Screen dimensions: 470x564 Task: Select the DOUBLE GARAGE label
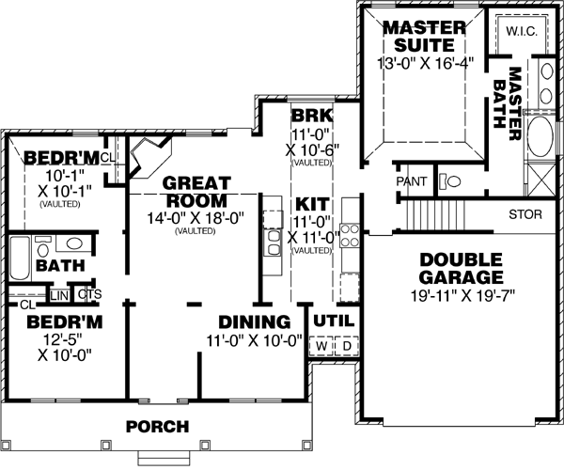(x=461, y=269)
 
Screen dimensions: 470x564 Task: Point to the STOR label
(x=525, y=214)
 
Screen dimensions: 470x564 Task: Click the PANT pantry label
(x=412, y=180)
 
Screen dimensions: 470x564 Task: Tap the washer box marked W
(x=321, y=345)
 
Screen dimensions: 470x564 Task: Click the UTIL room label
(x=333, y=320)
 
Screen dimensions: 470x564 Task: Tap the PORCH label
(x=158, y=426)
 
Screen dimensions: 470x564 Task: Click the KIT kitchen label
(x=311, y=203)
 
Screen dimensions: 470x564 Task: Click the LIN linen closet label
(x=59, y=295)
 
